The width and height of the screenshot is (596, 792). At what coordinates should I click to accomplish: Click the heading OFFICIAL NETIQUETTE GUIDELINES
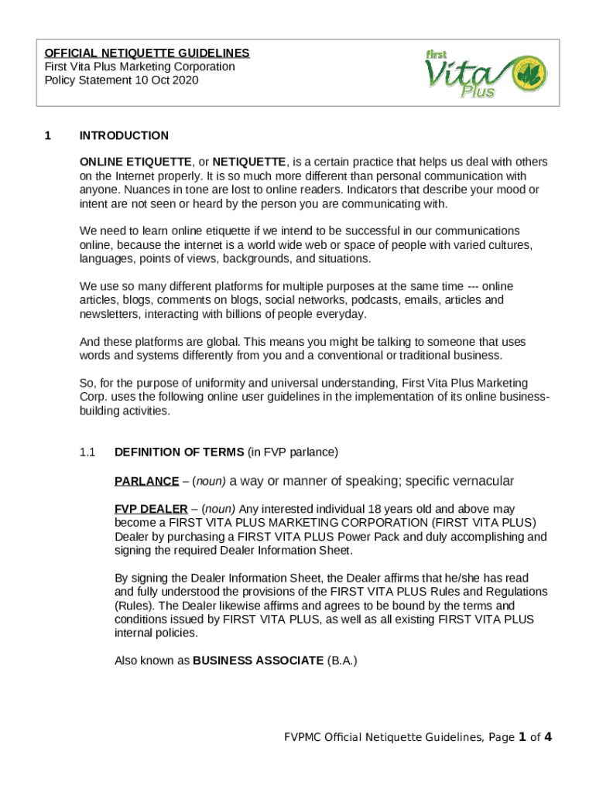click(147, 53)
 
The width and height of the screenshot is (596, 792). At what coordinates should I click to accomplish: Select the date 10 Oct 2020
click(165, 80)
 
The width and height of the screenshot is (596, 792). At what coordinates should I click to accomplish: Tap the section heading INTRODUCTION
click(124, 136)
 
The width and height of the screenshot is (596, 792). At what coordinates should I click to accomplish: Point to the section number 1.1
click(87, 452)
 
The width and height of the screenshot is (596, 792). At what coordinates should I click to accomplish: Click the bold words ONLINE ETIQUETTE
click(135, 162)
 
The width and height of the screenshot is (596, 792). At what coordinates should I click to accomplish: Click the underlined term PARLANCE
click(146, 481)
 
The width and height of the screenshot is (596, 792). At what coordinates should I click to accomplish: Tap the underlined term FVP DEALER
click(151, 509)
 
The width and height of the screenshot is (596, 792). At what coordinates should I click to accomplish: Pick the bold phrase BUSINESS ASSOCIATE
click(258, 661)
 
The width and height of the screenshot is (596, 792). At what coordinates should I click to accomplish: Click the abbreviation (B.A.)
click(342, 661)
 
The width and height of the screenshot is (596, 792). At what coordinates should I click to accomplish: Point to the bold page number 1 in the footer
click(523, 736)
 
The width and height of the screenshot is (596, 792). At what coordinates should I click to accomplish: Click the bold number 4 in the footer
click(548, 736)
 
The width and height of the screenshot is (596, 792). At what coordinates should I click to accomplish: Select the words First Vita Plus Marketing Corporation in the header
click(139, 67)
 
